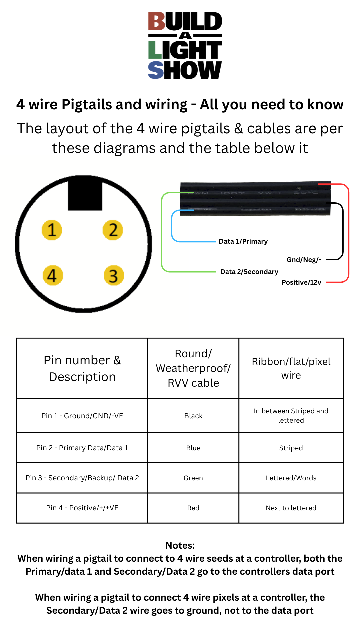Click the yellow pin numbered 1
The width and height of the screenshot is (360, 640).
click(52, 230)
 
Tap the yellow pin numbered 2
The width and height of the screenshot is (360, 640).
click(113, 230)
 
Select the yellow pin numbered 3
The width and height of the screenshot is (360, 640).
click(113, 275)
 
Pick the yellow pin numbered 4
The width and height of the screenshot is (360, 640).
click(53, 275)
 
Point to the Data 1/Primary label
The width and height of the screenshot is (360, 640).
click(243, 241)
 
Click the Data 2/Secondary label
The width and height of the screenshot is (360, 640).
click(249, 272)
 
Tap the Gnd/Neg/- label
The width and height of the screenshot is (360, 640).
click(304, 260)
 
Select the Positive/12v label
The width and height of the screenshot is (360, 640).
click(302, 282)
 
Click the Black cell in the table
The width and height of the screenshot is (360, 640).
click(193, 416)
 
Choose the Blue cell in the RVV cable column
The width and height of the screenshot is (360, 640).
click(193, 448)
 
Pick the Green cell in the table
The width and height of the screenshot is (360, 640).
click(193, 478)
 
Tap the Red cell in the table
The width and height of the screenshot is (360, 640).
click(193, 508)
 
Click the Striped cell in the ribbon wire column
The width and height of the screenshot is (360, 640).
click(291, 448)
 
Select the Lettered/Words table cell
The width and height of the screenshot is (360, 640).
click(291, 478)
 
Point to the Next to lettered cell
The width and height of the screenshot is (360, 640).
click(291, 508)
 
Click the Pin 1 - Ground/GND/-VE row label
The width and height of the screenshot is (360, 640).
click(82, 416)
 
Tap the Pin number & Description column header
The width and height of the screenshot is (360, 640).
click(82, 368)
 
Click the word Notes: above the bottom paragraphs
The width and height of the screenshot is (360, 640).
click(180, 545)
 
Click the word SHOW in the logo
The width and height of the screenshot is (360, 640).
click(185, 70)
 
